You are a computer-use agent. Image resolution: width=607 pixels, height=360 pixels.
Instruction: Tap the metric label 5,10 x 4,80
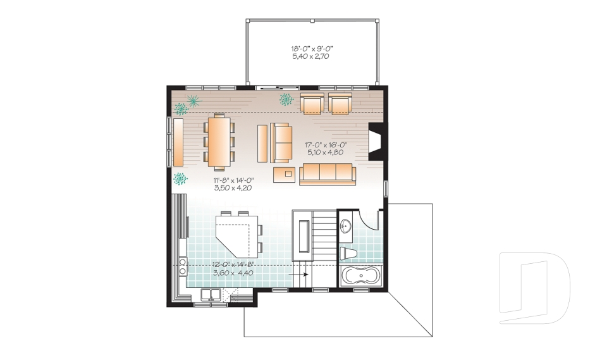[327, 152]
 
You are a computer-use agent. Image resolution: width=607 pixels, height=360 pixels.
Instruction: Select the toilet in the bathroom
[348, 254]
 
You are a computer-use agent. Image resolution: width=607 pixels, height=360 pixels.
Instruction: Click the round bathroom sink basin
[345, 226]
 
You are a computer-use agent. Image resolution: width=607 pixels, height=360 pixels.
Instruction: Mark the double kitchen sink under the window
[211, 294]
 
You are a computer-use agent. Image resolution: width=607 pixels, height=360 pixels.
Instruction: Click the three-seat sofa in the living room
[326, 173]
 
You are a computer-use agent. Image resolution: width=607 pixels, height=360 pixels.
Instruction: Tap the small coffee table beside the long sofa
[287, 173]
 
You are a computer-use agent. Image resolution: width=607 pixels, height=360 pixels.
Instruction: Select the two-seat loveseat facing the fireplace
[281, 143]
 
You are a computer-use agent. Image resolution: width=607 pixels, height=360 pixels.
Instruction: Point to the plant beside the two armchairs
[286, 99]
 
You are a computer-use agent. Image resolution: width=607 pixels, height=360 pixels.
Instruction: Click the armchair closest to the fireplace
[340, 104]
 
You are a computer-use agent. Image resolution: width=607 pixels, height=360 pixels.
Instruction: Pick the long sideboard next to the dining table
[179, 142]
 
